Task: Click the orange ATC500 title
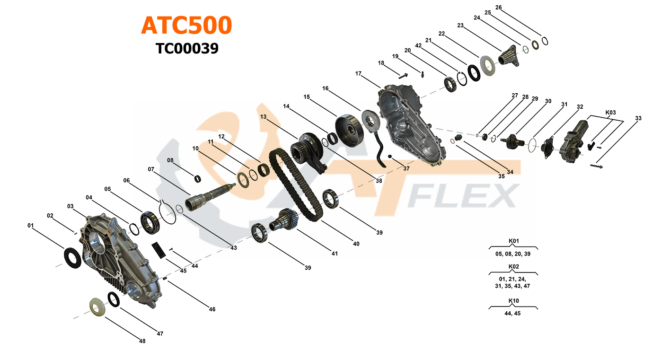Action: tap(186, 26)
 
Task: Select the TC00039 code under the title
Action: tap(187, 48)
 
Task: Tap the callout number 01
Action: tap(31, 226)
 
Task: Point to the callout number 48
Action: tap(142, 341)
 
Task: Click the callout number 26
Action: tap(498, 8)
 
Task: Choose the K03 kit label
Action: tap(611, 113)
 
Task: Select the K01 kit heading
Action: tap(513, 241)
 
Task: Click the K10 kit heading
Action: tap(513, 301)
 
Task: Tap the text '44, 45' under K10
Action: tap(513, 313)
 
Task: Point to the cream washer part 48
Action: tap(97, 307)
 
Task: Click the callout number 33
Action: tap(638, 118)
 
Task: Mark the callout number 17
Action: tap(358, 73)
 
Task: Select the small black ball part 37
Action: tap(390, 157)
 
